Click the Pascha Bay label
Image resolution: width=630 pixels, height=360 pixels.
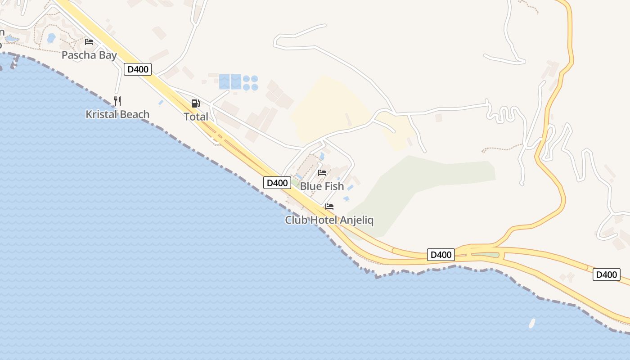point(89,55)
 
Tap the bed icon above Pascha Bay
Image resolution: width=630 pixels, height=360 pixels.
point(89,42)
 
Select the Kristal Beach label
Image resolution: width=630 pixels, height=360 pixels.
point(117,114)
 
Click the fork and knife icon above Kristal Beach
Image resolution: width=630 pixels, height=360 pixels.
point(117,101)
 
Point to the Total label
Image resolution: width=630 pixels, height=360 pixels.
point(196,117)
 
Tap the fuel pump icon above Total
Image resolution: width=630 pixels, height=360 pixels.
point(195,103)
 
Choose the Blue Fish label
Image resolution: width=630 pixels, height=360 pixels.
point(322,186)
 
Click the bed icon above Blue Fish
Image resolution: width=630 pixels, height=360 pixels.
point(322,172)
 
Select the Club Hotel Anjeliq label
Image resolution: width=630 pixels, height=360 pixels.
point(329,220)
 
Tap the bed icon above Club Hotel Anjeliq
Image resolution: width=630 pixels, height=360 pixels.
point(329,207)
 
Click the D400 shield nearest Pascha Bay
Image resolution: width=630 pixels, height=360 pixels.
point(138,69)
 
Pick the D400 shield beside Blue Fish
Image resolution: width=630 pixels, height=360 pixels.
point(277,183)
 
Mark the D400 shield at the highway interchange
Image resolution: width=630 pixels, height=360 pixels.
point(441,255)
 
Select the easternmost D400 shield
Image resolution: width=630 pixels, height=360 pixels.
point(606,274)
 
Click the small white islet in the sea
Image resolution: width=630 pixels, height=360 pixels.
point(532,323)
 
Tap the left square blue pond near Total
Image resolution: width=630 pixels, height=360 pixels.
point(224,81)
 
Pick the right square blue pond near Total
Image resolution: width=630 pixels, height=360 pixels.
point(236,81)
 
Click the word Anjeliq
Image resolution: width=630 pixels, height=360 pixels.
point(356,220)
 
